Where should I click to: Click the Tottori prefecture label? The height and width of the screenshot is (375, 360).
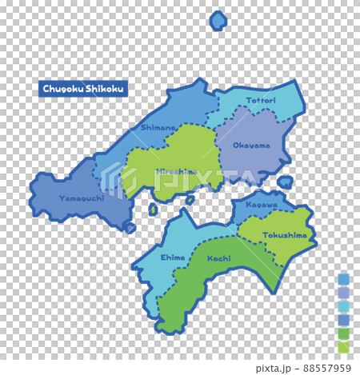tap(261, 101)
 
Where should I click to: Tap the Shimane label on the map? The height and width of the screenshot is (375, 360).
tap(158, 127)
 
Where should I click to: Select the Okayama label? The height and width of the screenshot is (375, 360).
tap(251, 146)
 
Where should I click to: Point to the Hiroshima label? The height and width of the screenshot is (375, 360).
tap(177, 171)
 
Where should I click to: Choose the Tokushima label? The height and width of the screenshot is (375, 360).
tap(284, 235)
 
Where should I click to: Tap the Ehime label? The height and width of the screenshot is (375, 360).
tap(173, 257)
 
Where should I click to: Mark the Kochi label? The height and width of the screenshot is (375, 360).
tap(218, 259)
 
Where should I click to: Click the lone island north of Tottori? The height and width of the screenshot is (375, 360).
tap(218, 21)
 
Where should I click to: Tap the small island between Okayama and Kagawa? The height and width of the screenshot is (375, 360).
tap(285, 182)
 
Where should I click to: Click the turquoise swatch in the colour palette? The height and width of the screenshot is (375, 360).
tap(344, 306)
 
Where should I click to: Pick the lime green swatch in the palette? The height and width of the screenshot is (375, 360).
tap(344, 347)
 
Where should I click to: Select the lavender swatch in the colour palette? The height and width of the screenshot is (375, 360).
tap(344, 293)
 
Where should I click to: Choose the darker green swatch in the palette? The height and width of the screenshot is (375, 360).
tap(344, 333)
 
